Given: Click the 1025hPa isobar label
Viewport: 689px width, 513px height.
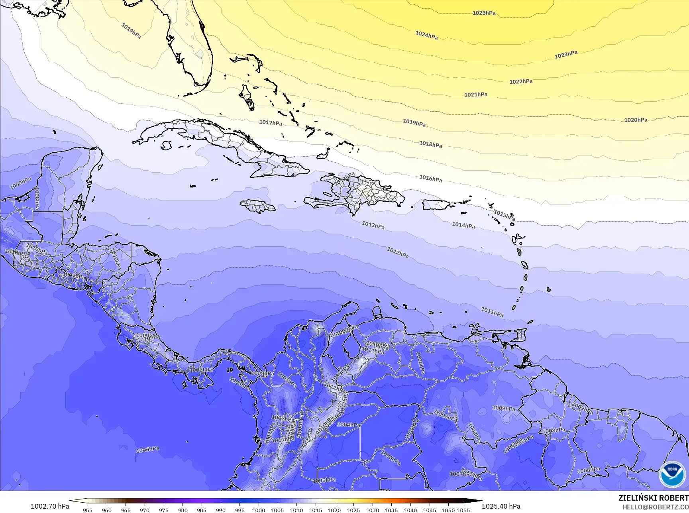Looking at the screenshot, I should [x=484, y=13].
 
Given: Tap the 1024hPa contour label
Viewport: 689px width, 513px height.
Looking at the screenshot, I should [x=426, y=35].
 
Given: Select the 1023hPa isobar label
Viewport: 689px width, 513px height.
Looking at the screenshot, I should [x=566, y=55].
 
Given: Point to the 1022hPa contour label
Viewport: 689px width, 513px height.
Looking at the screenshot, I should [x=521, y=81].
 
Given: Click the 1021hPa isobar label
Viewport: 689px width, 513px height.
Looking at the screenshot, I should [x=475, y=94].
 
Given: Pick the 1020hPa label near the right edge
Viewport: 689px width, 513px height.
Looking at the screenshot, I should [x=636, y=120].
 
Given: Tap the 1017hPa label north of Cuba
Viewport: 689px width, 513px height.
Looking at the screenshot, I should [x=271, y=122].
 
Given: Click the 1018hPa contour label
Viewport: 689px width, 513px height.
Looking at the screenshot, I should [x=430, y=144].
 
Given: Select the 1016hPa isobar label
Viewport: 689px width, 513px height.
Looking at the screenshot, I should [x=430, y=179].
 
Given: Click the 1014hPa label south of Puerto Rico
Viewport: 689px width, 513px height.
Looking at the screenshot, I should [x=463, y=225].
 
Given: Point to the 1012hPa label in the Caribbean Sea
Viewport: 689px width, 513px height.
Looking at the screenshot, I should [x=398, y=252].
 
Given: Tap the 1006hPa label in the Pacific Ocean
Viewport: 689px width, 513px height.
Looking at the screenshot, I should [x=147, y=450].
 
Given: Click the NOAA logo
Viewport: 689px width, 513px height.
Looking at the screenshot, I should [x=672, y=474].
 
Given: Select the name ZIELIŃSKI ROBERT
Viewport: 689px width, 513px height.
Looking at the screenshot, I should [x=653, y=498].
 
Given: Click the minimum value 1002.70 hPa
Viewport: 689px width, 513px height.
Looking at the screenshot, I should [x=50, y=506].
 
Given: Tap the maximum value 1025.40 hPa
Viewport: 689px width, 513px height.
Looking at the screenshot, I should [x=501, y=506].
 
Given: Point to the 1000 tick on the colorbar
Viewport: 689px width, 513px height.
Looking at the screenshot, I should [x=259, y=510].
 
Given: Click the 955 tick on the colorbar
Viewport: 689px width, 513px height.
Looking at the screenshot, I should [x=88, y=510].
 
